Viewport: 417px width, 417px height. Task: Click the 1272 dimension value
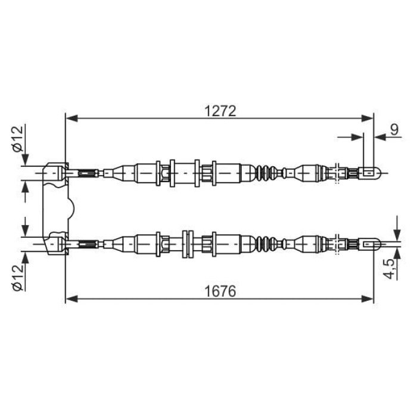[x=220, y=111]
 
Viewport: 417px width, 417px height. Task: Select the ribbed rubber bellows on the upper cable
[x=269, y=173]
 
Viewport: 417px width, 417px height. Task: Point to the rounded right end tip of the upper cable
[x=372, y=173]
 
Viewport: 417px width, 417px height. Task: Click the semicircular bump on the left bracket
[x=71, y=208]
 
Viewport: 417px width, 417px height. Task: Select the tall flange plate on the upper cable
[x=172, y=173]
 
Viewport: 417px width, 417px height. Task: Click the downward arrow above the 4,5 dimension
[x=396, y=229]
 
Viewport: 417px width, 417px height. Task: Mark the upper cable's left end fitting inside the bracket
[x=57, y=173]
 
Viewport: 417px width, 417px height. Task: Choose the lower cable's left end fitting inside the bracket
[x=57, y=243]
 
